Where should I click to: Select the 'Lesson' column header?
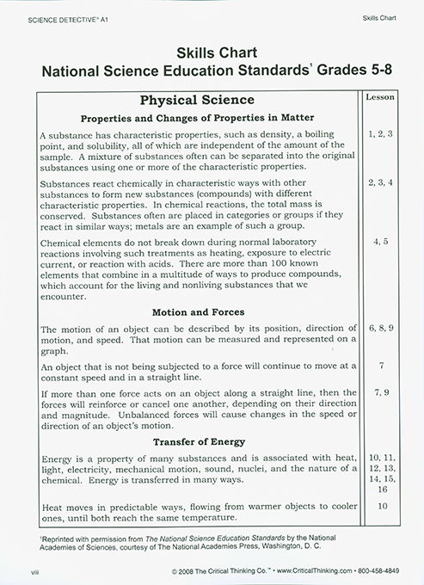point(380,99)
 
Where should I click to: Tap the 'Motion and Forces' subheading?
point(196,311)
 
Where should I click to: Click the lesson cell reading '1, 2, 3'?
point(380,135)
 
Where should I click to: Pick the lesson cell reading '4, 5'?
point(380,243)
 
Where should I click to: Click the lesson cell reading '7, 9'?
point(380,391)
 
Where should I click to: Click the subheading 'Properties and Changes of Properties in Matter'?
point(196,118)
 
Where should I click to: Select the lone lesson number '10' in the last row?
point(380,508)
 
